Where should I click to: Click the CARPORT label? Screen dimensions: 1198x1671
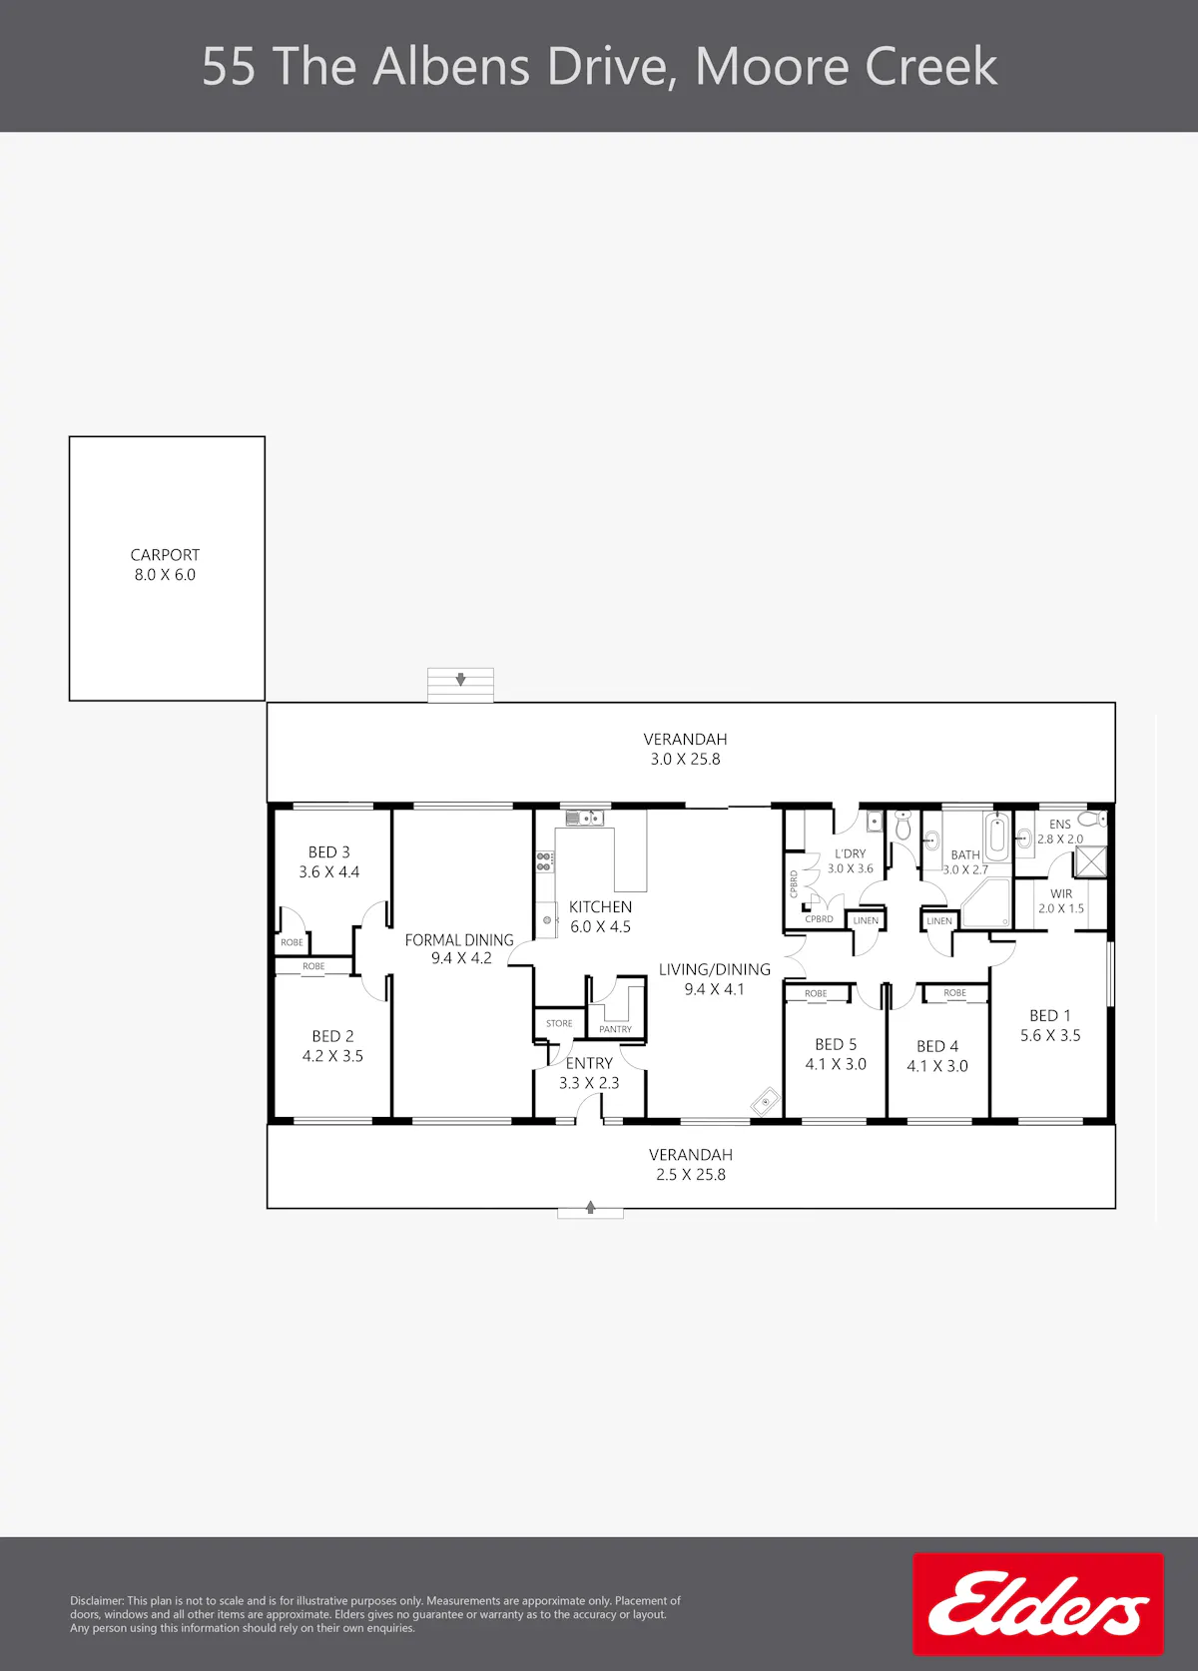tap(165, 555)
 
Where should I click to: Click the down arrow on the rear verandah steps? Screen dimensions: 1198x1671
tap(461, 680)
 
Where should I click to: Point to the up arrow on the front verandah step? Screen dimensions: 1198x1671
tap(590, 1207)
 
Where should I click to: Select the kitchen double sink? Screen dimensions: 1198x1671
tap(584, 819)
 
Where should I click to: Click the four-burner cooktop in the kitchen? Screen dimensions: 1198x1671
tap(544, 861)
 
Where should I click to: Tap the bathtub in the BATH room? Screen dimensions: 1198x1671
tap(997, 836)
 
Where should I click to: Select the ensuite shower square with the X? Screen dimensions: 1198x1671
tap(1090, 862)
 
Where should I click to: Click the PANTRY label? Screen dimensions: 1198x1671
tap(615, 1029)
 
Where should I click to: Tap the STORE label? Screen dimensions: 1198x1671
tap(559, 1023)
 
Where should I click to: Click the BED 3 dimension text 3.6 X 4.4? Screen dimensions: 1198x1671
tap(329, 872)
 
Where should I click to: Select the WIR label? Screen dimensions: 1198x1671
tap(1061, 893)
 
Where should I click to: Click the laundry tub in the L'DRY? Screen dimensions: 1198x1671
tap(875, 822)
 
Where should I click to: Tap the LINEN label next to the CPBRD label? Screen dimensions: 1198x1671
tap(866, 920)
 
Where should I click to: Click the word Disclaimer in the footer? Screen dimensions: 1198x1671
tap(97, 1601)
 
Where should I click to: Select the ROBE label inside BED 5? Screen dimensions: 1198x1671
tap(816, 993)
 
